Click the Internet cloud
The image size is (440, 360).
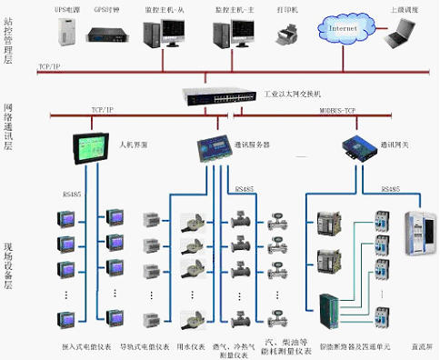point(343,29)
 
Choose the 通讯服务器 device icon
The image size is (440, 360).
point(212,149)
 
